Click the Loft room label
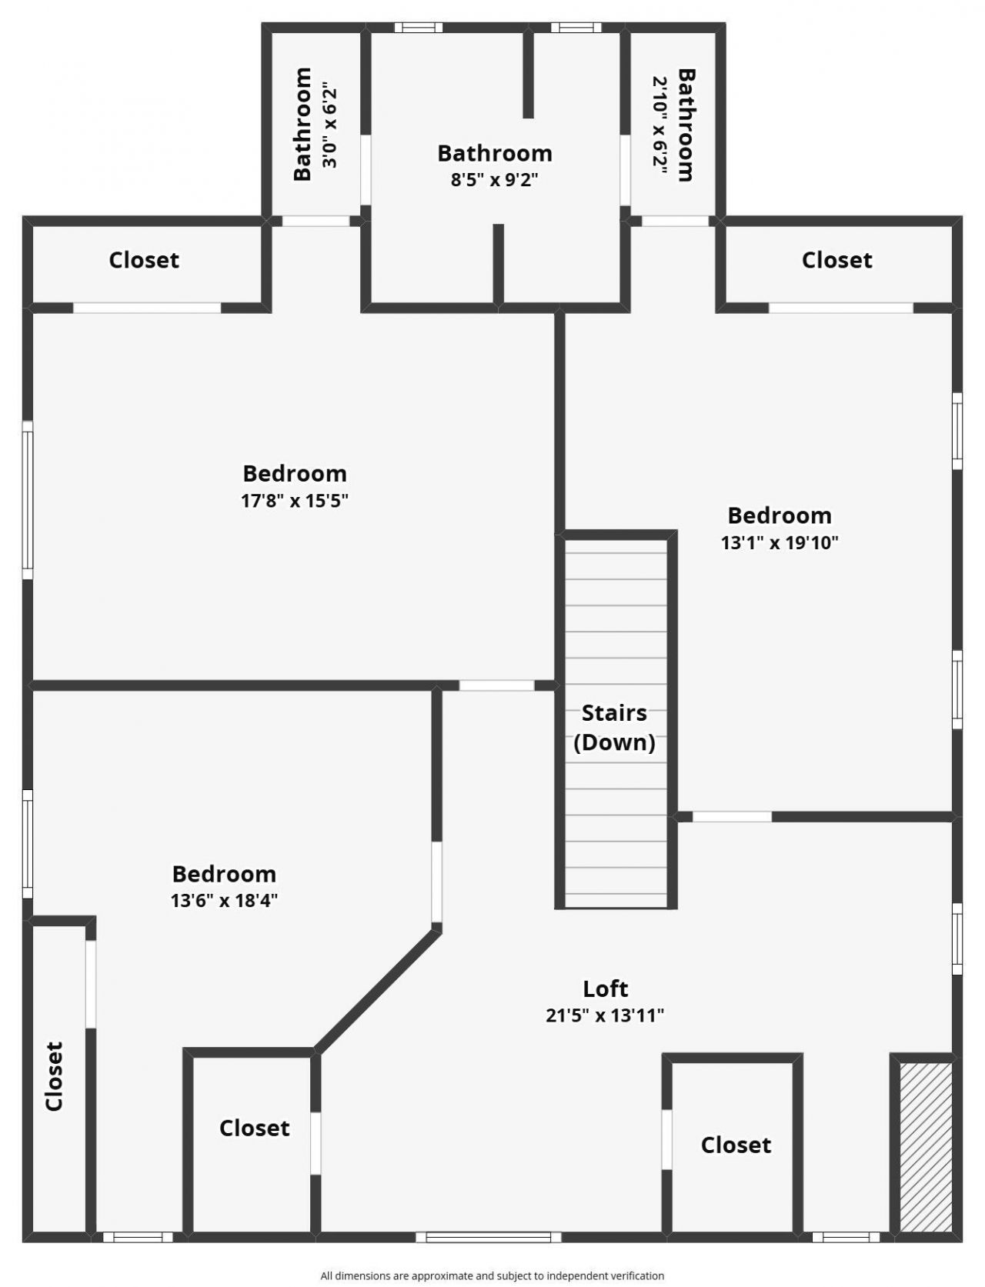click(605, 989)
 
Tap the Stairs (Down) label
click(614, 727)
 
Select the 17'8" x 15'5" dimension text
click(295, 501)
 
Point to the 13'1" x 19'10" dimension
click(779, 542)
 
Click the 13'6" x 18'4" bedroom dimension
click(224, 900)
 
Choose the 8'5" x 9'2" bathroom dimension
click(494, 180)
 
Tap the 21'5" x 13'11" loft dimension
click(605, 1015)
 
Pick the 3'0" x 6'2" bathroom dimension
click(329, 125)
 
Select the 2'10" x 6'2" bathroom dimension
click(660, 125)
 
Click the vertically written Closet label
click(54, 1076)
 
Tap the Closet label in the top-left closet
click(144, 260)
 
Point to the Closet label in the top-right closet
click(836, 260)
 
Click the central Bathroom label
click(494, 153)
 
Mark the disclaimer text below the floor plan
click(492, 1275)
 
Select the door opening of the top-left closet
click(147, 308)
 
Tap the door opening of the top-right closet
click(840, 308)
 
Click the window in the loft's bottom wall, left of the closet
click(489, 1237)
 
